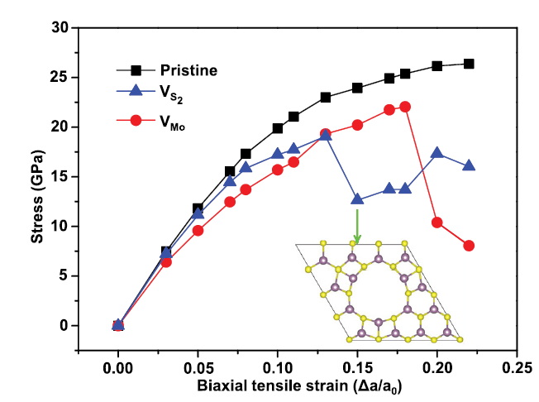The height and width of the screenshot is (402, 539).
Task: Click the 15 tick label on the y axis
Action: pos(58,177)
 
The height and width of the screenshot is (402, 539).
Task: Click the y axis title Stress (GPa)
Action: pos(36,177)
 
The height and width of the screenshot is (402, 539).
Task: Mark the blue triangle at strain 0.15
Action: pos(357,199)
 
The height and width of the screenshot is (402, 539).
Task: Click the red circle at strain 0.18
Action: pos(405,107)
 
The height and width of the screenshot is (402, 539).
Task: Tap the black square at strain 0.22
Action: pos(469,64)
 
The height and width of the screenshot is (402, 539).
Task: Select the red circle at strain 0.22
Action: pos(469,246)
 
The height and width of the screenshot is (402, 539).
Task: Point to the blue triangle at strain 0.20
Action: pos(437,153)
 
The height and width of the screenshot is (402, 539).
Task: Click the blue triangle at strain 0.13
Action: pos(326,135)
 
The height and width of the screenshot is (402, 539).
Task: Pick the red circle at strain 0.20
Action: pos(437,223)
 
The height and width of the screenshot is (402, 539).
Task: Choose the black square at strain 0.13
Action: pos(326,98)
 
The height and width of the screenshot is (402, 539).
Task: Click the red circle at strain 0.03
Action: pos(166,262)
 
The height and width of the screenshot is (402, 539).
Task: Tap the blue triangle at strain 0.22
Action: pos(469,165)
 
